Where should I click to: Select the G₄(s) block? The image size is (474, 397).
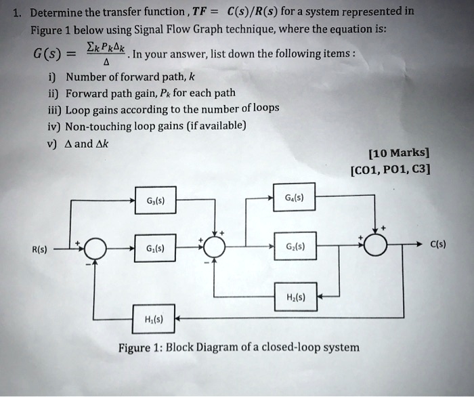294,198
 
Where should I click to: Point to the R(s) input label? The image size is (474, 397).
39,249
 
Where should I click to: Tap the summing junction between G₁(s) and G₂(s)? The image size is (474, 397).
215,247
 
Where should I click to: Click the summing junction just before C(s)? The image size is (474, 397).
376,245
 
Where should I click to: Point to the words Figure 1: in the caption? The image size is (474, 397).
139,348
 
